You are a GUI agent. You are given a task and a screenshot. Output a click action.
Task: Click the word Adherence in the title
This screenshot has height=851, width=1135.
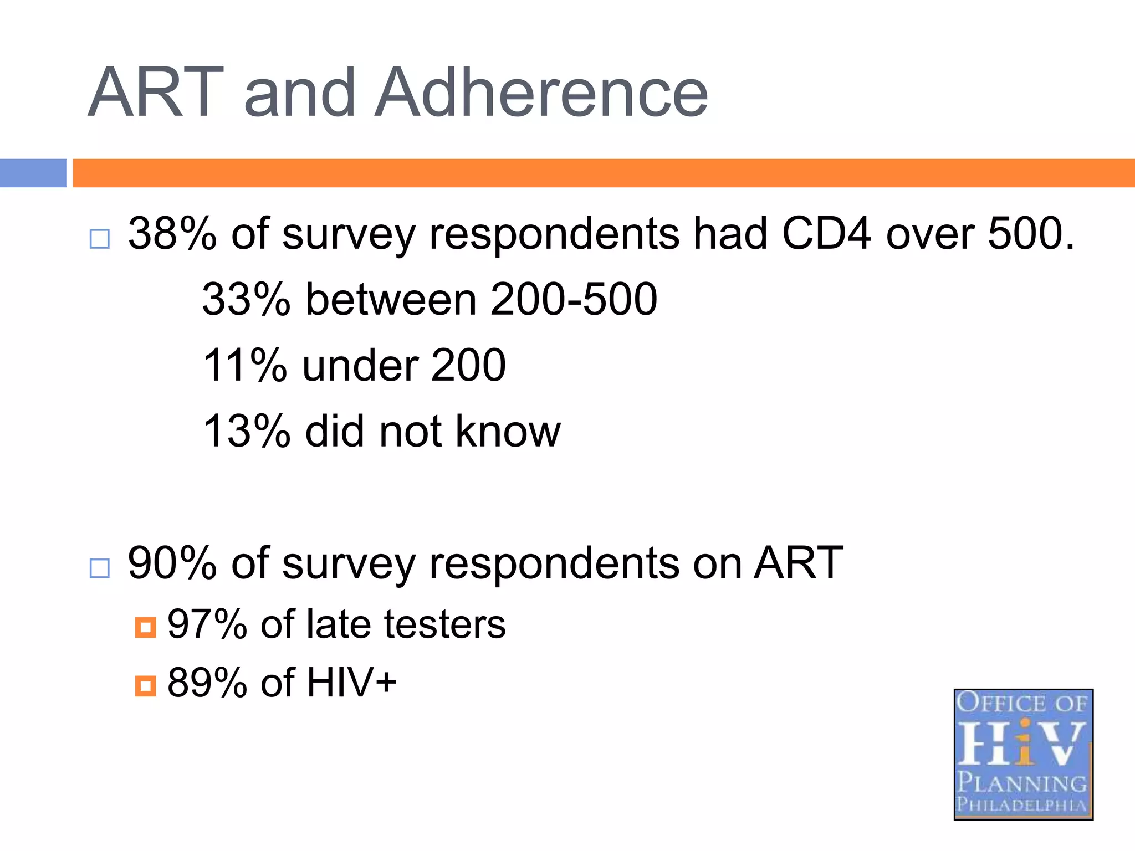point(541,93)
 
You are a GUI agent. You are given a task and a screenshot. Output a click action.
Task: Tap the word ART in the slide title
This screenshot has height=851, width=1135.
point(156,93)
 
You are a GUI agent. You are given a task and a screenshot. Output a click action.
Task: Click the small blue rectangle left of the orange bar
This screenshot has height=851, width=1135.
point(33,173)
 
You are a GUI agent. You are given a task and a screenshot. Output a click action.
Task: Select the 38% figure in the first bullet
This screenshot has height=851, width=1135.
point(172,234)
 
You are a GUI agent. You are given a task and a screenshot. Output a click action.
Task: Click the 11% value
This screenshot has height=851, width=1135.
point(244,366)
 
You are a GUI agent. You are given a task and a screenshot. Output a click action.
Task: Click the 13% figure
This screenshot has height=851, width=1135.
point(246,431)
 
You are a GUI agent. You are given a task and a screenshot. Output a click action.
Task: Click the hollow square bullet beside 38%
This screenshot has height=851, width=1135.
point(100,239)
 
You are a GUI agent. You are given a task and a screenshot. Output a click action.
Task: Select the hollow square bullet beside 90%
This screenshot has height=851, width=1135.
point(100,568)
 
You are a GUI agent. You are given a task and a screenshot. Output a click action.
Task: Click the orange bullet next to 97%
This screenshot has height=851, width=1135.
point(145,628)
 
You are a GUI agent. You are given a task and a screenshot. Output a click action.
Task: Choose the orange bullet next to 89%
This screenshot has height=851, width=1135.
point(145,686)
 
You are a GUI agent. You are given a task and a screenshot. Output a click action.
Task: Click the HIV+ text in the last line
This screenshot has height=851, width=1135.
point(351,683)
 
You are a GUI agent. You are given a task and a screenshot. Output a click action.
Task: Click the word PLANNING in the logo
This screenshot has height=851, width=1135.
point(1022,782)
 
